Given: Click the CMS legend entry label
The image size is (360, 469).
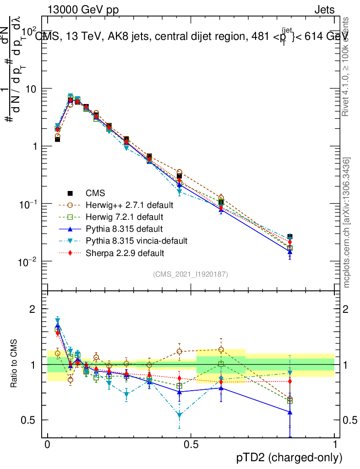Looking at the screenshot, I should pos(95,193).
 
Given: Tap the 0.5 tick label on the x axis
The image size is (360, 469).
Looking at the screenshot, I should pos(191,445).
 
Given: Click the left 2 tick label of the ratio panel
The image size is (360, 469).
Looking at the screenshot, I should pos(33,309).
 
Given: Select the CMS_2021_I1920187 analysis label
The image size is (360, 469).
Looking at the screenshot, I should pos(191,274).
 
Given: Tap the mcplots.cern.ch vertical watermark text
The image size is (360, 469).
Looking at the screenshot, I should pos(347,223).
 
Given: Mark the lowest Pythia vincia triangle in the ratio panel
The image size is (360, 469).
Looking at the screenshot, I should pos(180,415).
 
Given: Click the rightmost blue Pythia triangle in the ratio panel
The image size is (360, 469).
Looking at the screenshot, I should pos(289,412).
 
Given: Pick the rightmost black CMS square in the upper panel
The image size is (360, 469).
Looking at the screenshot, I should pos(289,237).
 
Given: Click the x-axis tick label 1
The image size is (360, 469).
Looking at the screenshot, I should pos(334,445).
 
